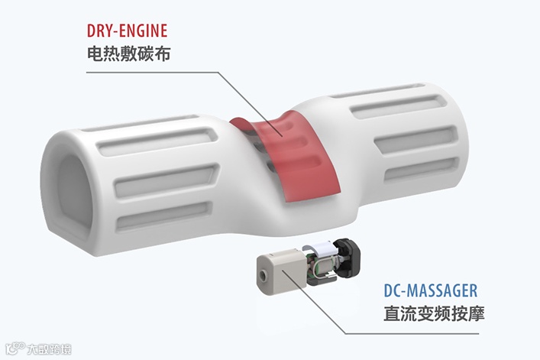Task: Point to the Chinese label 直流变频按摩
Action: coord(432,314)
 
